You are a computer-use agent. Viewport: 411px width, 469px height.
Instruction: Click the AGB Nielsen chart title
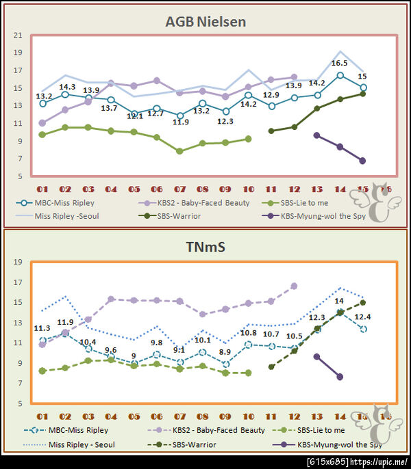(206, 22)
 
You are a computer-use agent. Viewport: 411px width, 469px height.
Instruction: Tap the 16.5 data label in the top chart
(340, 63)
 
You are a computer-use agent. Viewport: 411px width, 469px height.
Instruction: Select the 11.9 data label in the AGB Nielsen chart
(181, 122)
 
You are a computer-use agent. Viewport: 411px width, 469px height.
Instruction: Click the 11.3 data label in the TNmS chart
(42, 327)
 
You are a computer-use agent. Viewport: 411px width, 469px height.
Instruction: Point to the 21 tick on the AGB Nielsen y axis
(18, 35)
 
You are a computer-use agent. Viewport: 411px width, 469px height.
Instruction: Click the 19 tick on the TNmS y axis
(18, 262)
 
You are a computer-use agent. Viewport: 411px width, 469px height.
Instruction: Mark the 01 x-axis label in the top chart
(42, 188)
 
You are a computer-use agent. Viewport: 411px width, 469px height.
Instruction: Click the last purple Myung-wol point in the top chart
(362, 161)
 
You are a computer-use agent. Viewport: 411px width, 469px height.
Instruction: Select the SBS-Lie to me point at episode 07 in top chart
(179, 151)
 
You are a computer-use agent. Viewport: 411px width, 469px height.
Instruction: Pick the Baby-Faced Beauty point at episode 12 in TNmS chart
(294, 286)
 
